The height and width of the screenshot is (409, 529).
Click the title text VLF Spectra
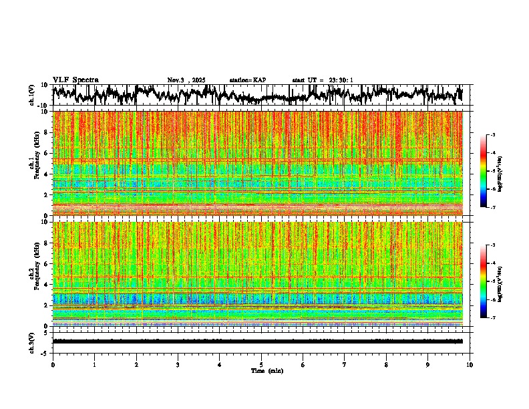click(x=75, y=80)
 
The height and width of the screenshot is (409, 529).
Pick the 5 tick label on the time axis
click(x=261, y=365)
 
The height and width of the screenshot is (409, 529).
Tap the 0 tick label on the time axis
click(x=53, y=365)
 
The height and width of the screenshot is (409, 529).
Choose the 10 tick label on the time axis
click(x=470, y=365)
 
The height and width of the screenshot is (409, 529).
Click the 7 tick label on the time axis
click(x=345, y=365)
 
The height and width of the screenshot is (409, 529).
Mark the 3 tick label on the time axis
click(x=178, y=365)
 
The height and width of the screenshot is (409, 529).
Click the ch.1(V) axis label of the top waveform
click(x=32, y=95)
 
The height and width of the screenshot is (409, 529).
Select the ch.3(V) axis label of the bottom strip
click(x=32, y=341)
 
